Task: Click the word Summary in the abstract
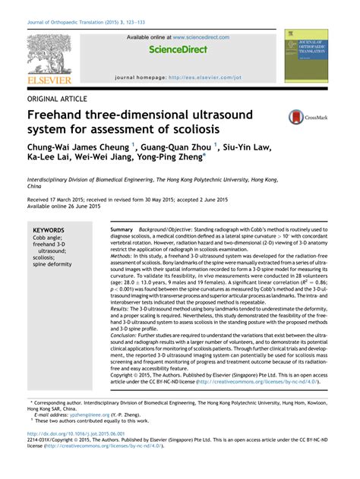pyautogui.click(x=122, y=229)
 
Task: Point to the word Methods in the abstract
pyautogui.click(x=125, y=256)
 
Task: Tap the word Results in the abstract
pyautogui.click(x=123, y=309)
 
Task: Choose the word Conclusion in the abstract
pyautogui.click(x=128, y=336)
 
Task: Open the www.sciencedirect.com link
pyautogui.click(x=201, y=36)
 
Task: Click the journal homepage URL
pyautogui.click(x=204, y=77)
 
